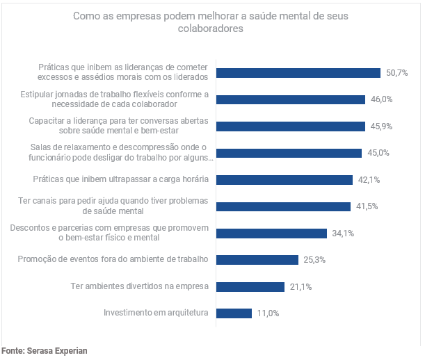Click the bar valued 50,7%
pyautogui.click(x=298, y=73)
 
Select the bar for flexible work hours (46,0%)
pyautogui.click(x=290, y=99)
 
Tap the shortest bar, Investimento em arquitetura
pyautogui.click(x=233, y=313)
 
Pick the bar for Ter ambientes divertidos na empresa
pyautogui.click(x=250, y=286)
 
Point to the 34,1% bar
pyautogui.click(x=271, y=234)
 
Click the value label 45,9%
pyautogui.click(x=381, y=126)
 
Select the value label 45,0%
pyautogui.click(x=378, y=153)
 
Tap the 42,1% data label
pyautogui.click(x=369, y=180)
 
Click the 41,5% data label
pyautogui.click(x=366, y=206)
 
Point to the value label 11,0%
pyautogui.click(x=268, y=313)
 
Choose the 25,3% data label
pyautogui.click(x=314, y=260)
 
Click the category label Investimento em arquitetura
pyautogui.click(x=156, y=313)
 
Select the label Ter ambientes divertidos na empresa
pyautogui.click(x=140, y=286)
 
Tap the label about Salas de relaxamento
pyautogui.click(x=120, y=152)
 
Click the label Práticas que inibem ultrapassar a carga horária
pyautogui.click(x=121, y=179)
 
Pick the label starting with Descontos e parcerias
pyautogui.click(x=110, y=233)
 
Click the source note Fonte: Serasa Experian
pyautogui.click(x=44, y=351)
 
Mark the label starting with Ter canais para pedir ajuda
pyautogui.click(x=113, y=206)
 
